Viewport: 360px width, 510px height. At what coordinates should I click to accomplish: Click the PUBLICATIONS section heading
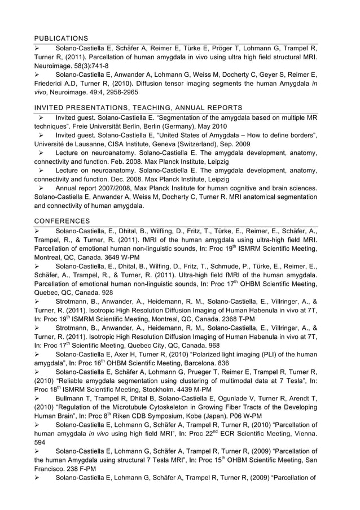pyautogui.click(x=61, y=38)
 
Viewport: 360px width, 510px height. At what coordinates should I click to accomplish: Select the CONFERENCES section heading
pyautogui.click(x=61, y=221)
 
